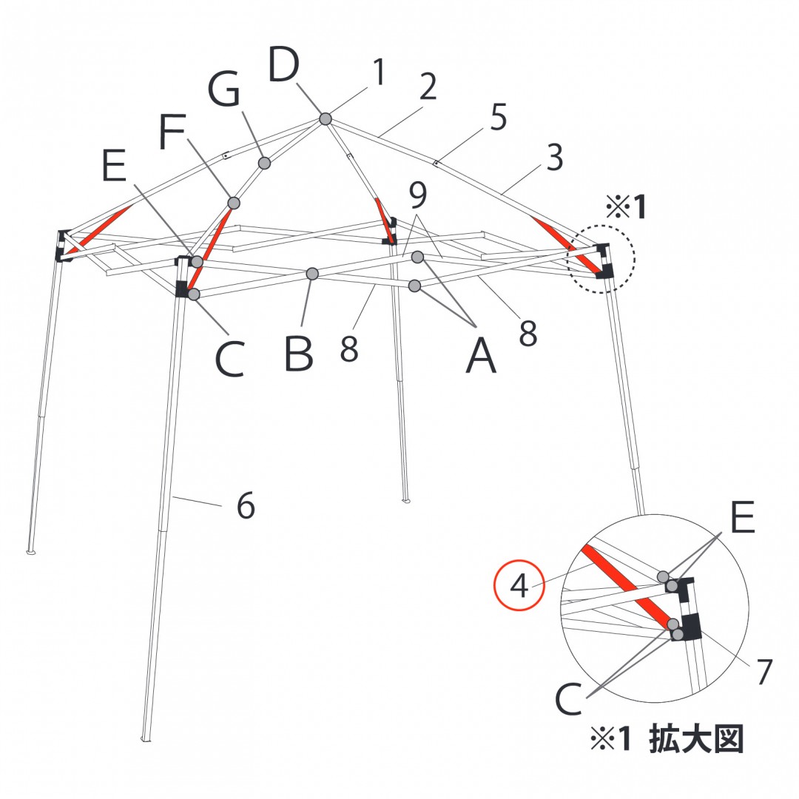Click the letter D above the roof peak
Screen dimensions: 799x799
click(283, 64)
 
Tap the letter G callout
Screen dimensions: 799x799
click(224, 90)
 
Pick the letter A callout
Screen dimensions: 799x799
click(481, 356)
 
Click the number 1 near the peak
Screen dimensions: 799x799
click(379, 72)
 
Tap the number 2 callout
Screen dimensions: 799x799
click(428, 87)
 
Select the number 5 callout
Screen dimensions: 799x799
click(499, 117)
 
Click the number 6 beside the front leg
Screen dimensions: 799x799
click(246, 505)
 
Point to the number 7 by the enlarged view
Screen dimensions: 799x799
click(764, 672)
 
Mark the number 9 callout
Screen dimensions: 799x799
click(418, 195)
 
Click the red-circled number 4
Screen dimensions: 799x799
click(519, 585)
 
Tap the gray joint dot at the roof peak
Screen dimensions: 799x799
click(326, 119)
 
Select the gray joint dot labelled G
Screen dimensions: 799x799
click(264, 163)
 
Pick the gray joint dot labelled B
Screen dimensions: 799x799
click(312, 274)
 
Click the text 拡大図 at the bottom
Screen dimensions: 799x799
click(696, 739)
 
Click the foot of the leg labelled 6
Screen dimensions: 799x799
click(146, 738)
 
